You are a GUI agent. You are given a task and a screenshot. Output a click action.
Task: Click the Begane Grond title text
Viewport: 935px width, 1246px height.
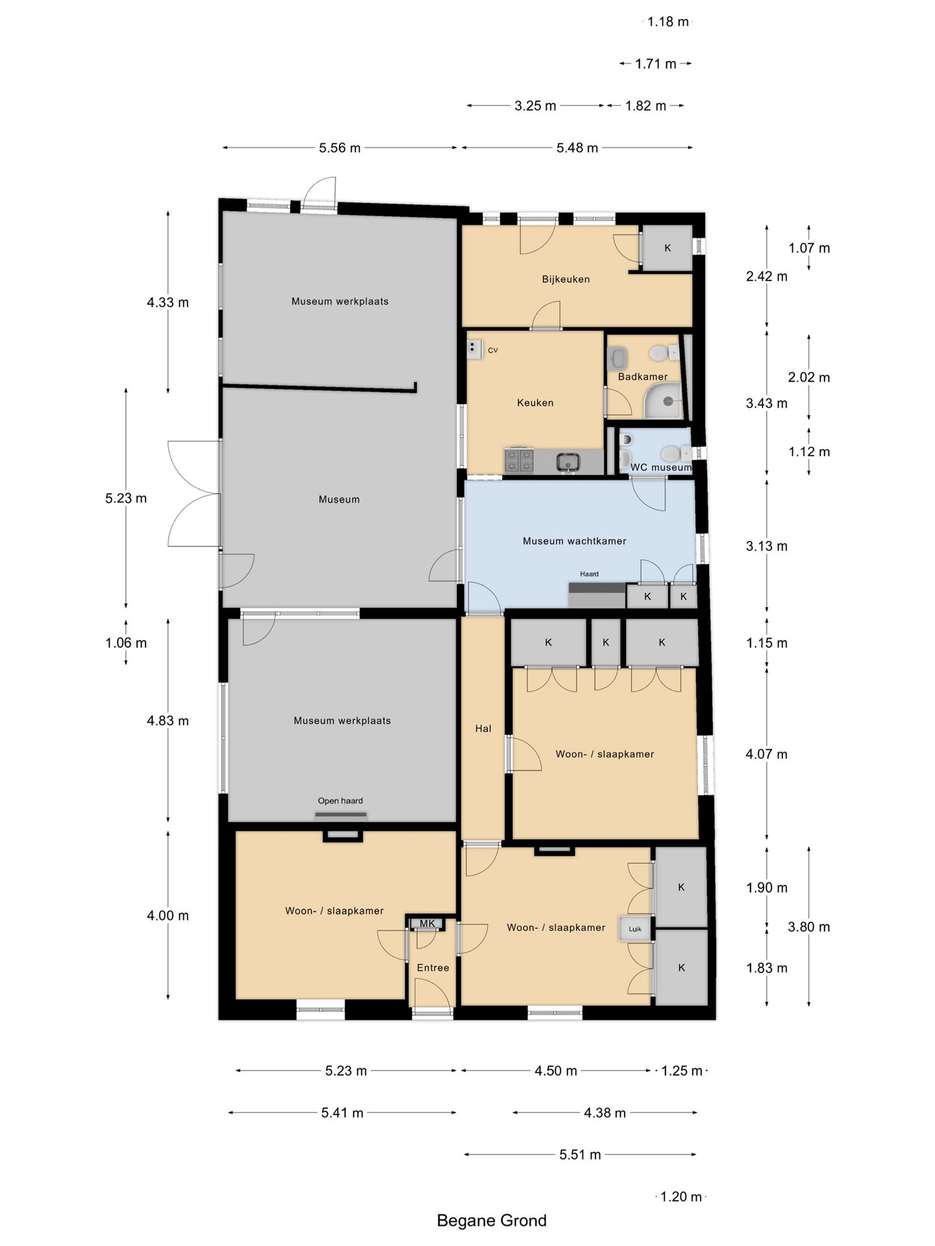point(492,1221)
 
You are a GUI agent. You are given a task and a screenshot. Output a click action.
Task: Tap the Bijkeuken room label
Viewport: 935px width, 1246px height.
point(566,279)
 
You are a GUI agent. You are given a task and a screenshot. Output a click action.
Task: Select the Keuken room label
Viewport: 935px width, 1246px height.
point(535,402)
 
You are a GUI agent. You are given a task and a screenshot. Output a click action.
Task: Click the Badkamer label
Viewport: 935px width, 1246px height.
point(642,376)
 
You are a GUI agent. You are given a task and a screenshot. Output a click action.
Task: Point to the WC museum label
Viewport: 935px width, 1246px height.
point(660,467)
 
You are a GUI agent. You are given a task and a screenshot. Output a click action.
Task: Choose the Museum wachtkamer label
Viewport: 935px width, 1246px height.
point(574,541)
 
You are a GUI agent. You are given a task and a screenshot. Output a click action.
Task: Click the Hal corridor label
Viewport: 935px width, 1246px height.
point(483,729)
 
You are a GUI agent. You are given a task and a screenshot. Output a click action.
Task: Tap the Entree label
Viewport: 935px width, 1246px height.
point(432,968)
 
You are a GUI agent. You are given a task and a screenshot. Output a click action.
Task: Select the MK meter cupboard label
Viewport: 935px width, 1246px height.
point(427,923)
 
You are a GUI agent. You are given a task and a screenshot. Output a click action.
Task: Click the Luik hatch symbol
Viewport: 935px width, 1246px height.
point(635,929)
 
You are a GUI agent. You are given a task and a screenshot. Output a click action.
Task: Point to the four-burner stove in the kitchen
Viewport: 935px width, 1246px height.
point(519,460)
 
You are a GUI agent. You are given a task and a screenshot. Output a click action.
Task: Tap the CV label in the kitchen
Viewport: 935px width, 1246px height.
point(493,350)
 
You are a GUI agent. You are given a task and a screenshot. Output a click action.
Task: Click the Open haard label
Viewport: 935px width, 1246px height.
point(340,801)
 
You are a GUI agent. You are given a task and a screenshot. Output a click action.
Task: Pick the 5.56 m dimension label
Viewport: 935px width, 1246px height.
point(340,148)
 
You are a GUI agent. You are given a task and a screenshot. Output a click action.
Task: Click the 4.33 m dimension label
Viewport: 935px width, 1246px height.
point(168,302)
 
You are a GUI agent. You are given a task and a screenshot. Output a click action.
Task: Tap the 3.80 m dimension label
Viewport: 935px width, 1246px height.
point(809,927)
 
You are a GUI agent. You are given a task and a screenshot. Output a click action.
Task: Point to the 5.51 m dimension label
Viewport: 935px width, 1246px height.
point(580,1154)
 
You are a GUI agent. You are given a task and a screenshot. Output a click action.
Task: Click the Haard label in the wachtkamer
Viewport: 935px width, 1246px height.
point(589,574)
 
